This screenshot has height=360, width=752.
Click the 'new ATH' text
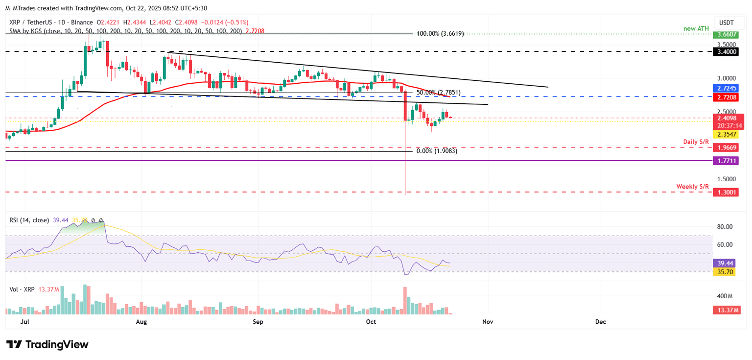(696, 28)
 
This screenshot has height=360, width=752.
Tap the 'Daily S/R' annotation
(696, 142)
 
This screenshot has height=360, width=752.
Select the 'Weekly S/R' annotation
(693, 187)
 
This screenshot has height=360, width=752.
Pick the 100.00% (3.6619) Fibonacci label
(440, 34)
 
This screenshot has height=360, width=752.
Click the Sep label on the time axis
(258, 322)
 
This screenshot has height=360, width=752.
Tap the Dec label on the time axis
(600, 322)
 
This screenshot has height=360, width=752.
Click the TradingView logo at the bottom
(47, 344)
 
